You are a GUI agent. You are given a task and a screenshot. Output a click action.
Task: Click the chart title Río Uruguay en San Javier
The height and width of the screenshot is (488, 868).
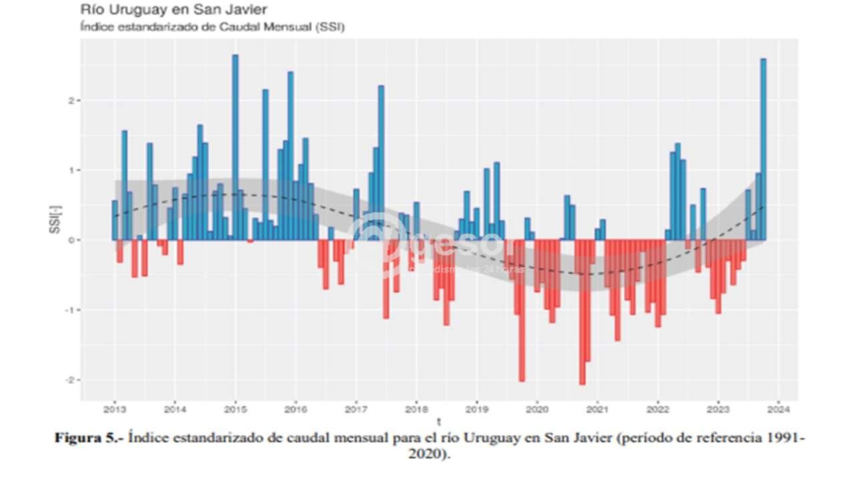[174, 10]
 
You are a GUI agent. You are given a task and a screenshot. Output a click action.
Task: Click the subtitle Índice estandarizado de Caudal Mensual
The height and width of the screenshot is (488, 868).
[212, 27]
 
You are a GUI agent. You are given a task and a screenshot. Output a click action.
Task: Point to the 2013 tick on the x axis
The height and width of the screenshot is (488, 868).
[115, 409]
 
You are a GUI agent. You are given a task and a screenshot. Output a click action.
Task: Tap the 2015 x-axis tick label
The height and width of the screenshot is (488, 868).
[235, 409]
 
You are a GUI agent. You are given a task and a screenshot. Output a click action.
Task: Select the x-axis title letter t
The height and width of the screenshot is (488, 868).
[439, 422]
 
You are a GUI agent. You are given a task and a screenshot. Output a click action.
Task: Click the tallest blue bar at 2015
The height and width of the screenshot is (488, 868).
[235, 147]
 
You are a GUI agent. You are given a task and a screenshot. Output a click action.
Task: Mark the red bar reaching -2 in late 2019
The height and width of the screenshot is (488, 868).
[521, 310]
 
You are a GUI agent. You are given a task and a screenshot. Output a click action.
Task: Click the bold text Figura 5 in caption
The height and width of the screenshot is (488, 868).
[89, 439]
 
